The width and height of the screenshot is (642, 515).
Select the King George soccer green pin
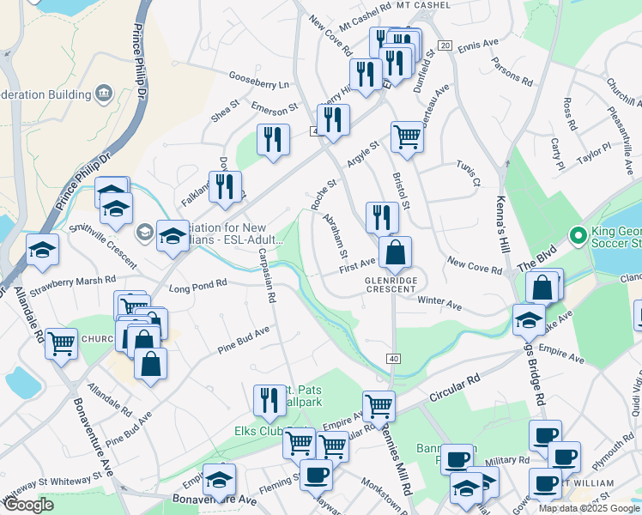578,234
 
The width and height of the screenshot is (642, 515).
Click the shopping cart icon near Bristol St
406,135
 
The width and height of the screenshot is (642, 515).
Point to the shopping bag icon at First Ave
395,252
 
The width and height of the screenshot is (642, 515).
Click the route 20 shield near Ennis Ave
444,45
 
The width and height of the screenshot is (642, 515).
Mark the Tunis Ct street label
469,175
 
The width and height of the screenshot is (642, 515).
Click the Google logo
29,505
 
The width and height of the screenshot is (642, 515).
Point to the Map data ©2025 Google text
588,508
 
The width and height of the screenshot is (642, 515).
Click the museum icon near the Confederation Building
106,92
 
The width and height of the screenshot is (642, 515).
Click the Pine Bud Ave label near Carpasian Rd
243,338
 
